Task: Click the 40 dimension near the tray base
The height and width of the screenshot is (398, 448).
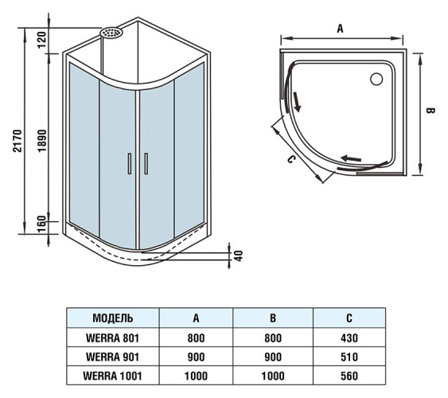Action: (x=237, y=257)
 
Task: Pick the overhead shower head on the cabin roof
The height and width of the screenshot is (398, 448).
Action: (x=111, y=33)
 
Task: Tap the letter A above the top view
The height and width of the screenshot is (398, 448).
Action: (x=340, y=28)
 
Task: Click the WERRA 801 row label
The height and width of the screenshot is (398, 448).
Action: (x=112, y=337)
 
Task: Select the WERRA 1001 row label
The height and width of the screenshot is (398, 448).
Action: (x=112, y=374)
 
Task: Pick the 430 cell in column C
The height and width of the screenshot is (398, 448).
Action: (x=349, y=337)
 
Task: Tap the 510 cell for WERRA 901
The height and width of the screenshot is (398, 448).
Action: (x=349, y=356)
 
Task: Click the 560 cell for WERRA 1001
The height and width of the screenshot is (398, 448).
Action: (x=349, y=374)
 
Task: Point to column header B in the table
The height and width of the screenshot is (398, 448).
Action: (x=272, y=318)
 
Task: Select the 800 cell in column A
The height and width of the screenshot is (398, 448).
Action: (x=196, y=337)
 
